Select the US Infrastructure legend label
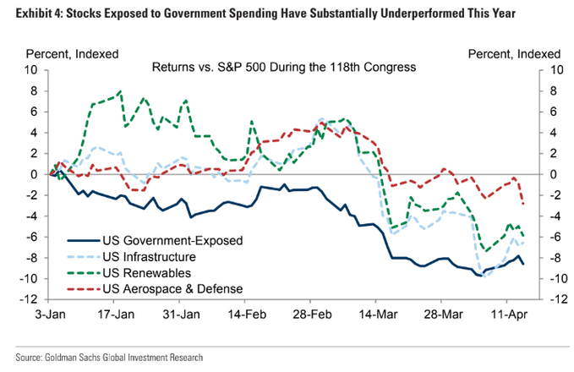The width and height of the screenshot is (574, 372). tap(138, 257)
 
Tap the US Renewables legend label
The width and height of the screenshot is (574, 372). tap(134, 273)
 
